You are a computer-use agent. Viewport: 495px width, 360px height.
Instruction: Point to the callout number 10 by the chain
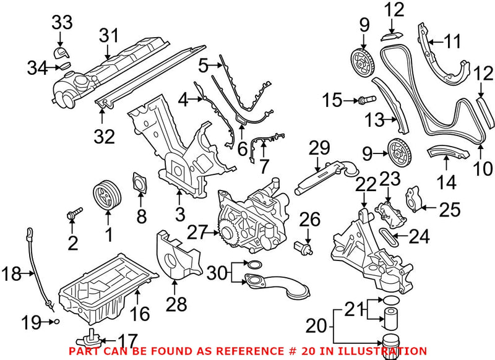(x=484, y=167)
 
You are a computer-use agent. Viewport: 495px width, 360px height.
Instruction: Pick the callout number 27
(x=197, y=232)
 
